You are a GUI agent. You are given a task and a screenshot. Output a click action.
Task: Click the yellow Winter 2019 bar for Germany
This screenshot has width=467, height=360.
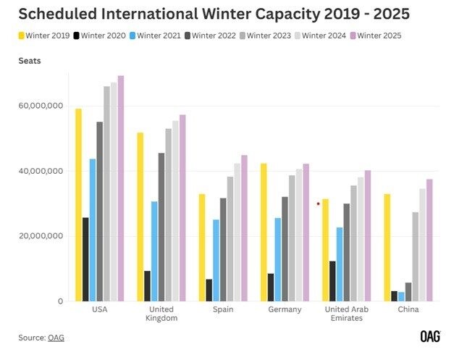[x=263, y=232]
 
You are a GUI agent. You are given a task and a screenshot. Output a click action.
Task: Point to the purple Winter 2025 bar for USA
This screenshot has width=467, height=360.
[x=121, y=188]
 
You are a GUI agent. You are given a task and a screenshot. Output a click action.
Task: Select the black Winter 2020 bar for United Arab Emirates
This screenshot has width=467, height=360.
[x=332, y=281]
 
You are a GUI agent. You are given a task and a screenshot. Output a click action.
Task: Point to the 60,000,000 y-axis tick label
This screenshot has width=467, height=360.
[x=41, y=106]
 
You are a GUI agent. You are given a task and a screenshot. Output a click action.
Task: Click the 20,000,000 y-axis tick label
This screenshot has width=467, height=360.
[x=41, y=236]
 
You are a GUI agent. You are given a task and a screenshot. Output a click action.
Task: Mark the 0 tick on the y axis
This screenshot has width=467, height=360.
[x=59, y=301]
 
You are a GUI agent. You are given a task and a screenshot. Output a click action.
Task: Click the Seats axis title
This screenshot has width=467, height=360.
[x=30, y=60]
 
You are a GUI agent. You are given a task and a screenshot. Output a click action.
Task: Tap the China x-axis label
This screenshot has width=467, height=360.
[x=408, y=309]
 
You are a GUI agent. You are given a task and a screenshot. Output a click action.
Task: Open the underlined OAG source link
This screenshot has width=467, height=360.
[x=56, y=337]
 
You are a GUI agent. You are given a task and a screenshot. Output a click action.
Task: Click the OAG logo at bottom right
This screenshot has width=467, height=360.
[x=430, y=336]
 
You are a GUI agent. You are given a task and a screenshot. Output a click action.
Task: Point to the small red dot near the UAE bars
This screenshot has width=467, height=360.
[x=318, y=204]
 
